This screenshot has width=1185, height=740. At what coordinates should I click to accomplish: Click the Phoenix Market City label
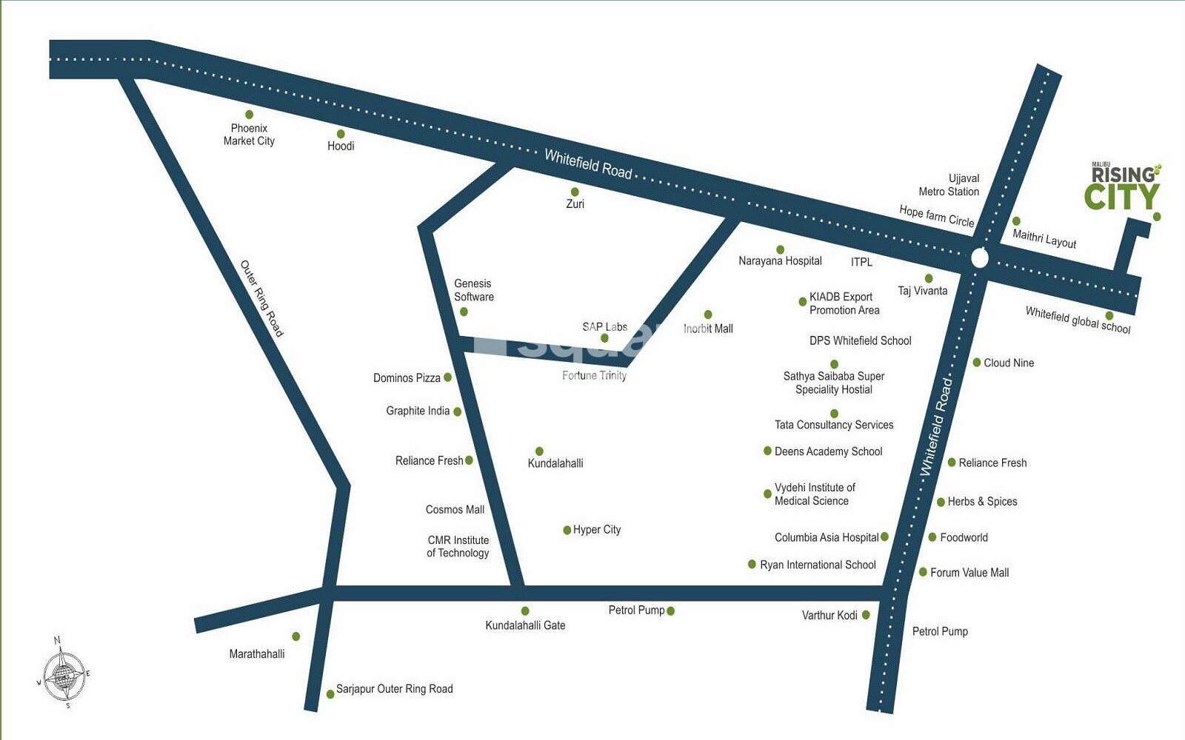pyautogui.click(x=249, y=135)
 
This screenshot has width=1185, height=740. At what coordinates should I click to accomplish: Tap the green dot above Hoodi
pyautogui.click(x=341, y=134)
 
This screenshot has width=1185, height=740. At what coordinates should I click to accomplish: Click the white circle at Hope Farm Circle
pyautogui.click(x=979, y=258)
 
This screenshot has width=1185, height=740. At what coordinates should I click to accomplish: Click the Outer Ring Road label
pyautogui.click(x=261, y=298)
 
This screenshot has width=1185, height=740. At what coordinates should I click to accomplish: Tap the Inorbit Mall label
pyautogui.click(x=708, y=329)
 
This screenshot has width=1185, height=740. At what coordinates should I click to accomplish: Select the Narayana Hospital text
pyautogui.click(x=780, y=260)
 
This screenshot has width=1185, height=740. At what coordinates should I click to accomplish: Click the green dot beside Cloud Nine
pyautogui.click(x=976, y=363)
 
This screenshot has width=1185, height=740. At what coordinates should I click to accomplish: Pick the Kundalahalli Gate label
pyautogui.click(x=525, y=625)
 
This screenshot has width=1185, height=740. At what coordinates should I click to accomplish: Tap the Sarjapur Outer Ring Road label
pyautogui.click(x=394, y=689)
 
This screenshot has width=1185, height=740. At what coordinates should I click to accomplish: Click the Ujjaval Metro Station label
pyautogui.click(x=949, y=185)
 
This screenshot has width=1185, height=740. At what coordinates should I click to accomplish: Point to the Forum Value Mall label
pyautogui.click(x=969, y=572)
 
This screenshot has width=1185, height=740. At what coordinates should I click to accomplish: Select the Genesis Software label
pyautogui.click(x=474, y=290)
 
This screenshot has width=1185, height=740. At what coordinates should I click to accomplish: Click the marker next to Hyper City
pyautogui.click(x=567, y=530)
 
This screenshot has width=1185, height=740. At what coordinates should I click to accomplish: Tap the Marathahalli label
pyautogui.click(x=256, y=654)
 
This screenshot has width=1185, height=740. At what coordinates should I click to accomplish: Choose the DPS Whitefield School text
pyautogui.click(x=860, y=340)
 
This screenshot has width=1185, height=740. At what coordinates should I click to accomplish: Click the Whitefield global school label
pyautogui.click(x=1078, y=320)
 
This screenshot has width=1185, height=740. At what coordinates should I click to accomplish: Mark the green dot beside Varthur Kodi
pyautogui.click(x=866, y=615)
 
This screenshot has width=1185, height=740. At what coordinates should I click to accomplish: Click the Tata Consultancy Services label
pyautogui.click(x=834, y=425)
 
